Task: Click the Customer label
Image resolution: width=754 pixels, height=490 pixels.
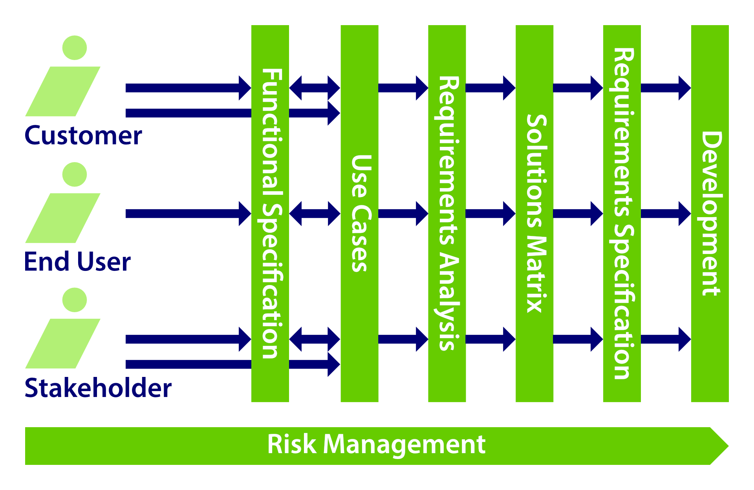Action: click(83, 136)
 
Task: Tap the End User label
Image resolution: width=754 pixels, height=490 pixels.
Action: click(77, 262)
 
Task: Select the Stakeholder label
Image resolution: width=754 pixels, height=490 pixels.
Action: click(98, 388)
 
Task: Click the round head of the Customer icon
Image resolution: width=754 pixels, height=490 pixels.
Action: click(75, 48)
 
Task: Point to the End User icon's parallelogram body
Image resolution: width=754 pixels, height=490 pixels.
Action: click(63, 218)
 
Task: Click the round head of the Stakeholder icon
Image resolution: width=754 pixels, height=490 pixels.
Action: click(75, 300)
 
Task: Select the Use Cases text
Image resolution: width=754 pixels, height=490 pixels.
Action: click(360, 214)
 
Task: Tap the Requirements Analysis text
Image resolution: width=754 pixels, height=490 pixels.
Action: click(448, 214)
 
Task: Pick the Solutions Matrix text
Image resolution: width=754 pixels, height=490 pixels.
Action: click(535, 214)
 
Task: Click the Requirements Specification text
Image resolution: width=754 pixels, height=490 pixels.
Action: click(623, 214)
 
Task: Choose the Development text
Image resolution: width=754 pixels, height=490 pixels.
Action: click(711, 214)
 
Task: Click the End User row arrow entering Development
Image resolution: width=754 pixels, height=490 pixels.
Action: click(666, 214)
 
